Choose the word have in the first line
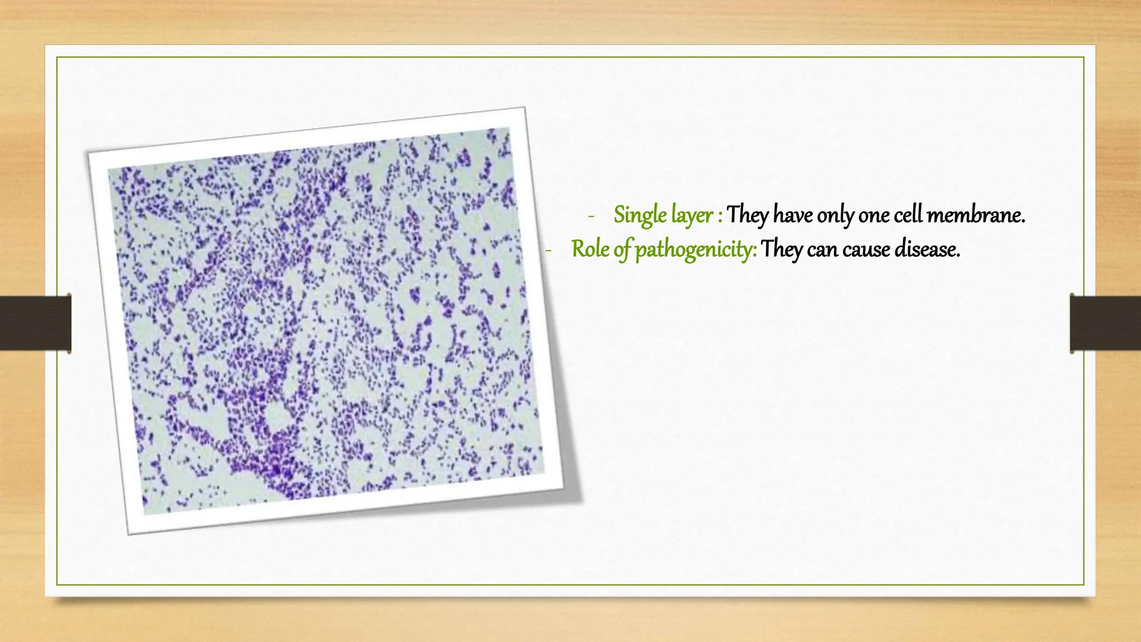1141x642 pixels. pos(793,215)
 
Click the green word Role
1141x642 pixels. pos(591,249)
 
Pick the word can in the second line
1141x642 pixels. pos(822,249)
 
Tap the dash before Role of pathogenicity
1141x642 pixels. pos(548,251)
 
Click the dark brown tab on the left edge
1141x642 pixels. pos(35,323)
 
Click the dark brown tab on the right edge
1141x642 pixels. pos(1105,323)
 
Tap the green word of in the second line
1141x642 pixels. pos(622,249)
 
